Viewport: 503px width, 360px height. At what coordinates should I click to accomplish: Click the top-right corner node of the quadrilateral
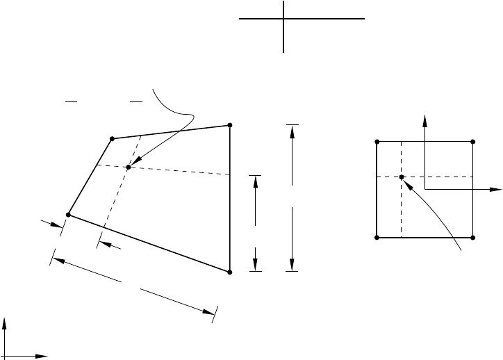click(x=229, y=125)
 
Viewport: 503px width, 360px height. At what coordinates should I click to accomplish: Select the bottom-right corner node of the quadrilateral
click(x=229, y=272)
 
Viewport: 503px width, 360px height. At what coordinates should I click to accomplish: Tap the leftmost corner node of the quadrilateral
click(x=67, y=214)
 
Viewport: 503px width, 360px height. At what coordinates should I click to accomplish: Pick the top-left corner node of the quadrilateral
click(x=111, y=139)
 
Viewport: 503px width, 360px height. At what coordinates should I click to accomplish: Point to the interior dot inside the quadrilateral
click(x=129, y=167)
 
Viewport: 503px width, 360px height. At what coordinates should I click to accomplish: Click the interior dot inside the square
click(x=402, y=177)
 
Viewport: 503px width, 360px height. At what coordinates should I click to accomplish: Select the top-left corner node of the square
click(x=377, y=142)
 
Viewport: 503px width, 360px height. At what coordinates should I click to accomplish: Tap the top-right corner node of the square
click(x=473, y=142)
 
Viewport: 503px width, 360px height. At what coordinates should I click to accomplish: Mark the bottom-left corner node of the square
click(x=377, y=238)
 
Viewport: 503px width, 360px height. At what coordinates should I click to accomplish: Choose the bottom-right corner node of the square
click(x=473, y=238)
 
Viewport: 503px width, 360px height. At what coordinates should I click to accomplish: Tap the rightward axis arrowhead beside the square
click(x=498, y=189)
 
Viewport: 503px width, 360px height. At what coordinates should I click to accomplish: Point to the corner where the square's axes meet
click(x=424, y=189)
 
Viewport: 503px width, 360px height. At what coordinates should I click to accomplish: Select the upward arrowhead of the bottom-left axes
click(x=6, y=322)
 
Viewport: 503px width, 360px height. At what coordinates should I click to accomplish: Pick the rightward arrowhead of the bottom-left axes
click(x=44, y=356)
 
